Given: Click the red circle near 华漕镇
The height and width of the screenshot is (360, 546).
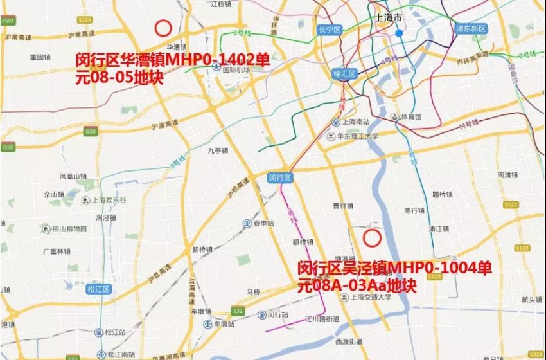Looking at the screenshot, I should [x=163, y=28].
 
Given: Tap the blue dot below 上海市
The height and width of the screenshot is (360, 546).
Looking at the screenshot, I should [x=399, y=33].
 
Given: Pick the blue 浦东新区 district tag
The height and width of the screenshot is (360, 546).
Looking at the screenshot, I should [x=471, y=28].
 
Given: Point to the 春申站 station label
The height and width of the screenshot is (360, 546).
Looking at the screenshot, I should [x=260, y=223].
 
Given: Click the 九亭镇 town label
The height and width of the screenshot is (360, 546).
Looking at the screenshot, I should [x=218, y=150].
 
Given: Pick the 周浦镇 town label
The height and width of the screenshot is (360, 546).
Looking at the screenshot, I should [x=507, y=175].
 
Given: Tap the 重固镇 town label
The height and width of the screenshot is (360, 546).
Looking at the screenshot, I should [x=40, y=57].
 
